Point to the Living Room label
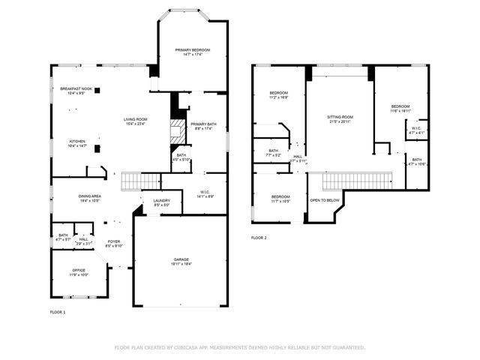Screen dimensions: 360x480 click(136, 121)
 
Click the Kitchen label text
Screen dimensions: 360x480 click(77, 142)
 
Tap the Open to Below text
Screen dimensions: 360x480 click(325, 200)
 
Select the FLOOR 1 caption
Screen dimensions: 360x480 click(58, 311)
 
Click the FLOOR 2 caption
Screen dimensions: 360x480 click(259, 238)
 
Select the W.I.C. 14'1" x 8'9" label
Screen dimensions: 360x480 click(205, 193)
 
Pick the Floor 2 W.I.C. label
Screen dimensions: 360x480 click(416, 129)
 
